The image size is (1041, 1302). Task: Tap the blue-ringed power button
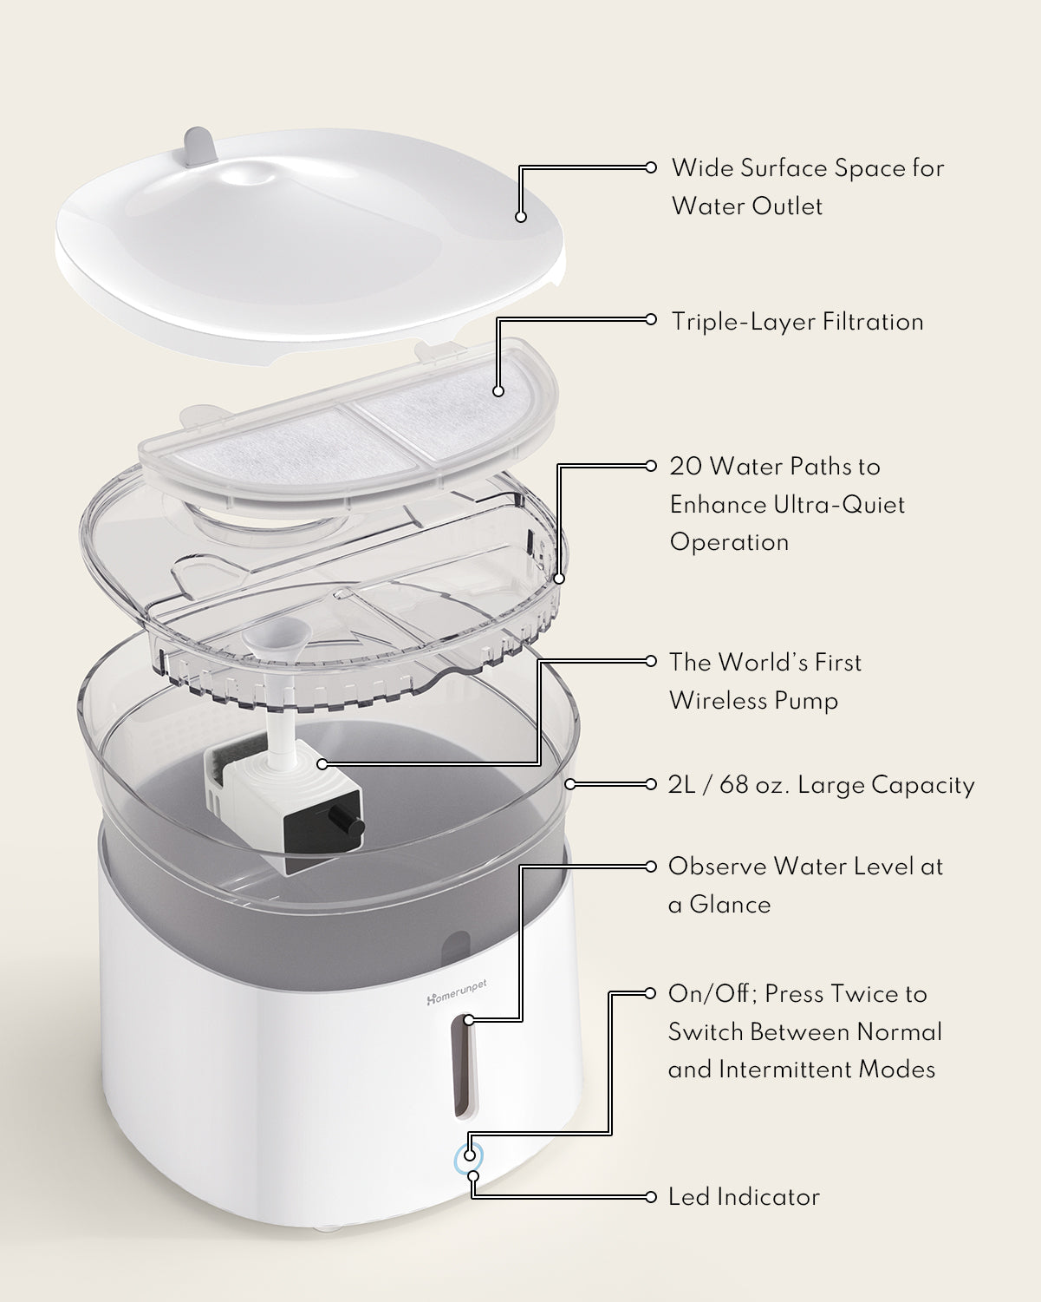[469, 1155]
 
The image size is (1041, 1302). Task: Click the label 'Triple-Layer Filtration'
[797, 322]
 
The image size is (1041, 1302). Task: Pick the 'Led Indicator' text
[744, 1197]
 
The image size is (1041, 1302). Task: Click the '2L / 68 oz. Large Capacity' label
[822, 785]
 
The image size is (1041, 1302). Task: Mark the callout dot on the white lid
[520, 217]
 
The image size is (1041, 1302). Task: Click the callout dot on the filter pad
[498, 391]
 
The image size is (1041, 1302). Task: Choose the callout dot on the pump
[322, 764]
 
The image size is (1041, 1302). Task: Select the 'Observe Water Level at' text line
[805, 867]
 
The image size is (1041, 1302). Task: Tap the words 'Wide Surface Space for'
[808, 168]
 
